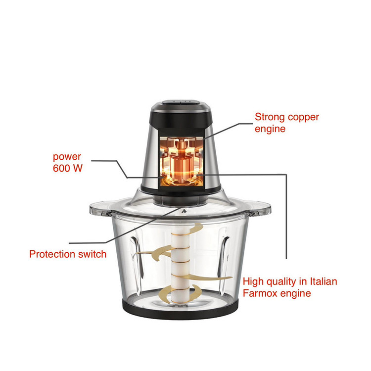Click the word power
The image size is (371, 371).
click(x=67, y=157)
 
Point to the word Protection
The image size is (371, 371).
click(x=52, y=254)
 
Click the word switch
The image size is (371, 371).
click(x=93, y=254)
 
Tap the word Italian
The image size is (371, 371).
click(x=324, y=281)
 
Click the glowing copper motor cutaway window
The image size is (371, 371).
click(x=182, y=161)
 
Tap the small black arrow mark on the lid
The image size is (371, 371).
click(x=184, y=211)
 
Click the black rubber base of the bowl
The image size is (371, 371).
click(x=180, y=310)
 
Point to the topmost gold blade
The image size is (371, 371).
click(x=189, y=229)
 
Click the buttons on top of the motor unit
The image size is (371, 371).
click(x=180, y=102)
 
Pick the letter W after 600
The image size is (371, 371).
click(x=78, y=168)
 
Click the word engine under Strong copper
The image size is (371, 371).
click(x=270, y=129)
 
